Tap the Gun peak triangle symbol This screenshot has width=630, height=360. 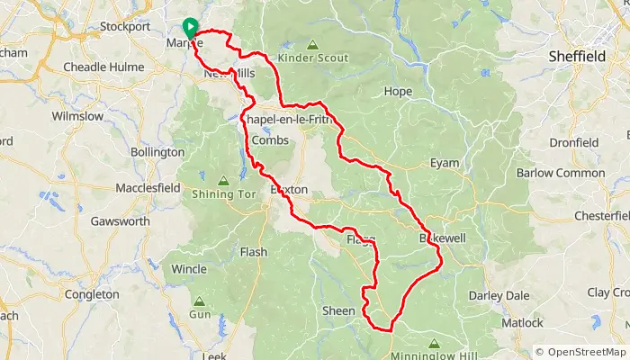198,301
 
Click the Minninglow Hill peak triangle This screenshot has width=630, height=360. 434,343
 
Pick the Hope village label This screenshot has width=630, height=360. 398,92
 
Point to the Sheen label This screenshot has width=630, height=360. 338,310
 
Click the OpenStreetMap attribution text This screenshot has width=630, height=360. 580,352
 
